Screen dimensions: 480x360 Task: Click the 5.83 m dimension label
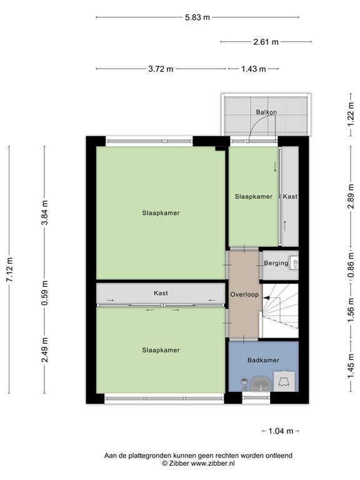coord(197,17)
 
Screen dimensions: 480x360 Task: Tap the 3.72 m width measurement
coord(161,69)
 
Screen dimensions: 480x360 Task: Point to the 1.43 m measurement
coord(254,69)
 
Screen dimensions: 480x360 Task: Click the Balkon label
coord(266,112)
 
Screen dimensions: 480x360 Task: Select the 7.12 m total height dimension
coord(9,269)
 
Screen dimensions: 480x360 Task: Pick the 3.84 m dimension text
coord(44,212)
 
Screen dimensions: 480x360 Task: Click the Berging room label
coord(276,263)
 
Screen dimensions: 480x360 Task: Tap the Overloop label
coord(243,294)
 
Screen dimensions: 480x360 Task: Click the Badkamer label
coord(263,360)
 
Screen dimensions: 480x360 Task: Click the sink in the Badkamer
coord(259,382)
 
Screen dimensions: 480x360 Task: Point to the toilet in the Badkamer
coord(285,380)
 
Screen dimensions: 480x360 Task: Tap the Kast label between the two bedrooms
coord(161,293)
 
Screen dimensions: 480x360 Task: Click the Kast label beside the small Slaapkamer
coord(290,196)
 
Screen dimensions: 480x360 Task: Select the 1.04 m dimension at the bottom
coord(281,431)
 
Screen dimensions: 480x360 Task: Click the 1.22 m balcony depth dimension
coord(351,115)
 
